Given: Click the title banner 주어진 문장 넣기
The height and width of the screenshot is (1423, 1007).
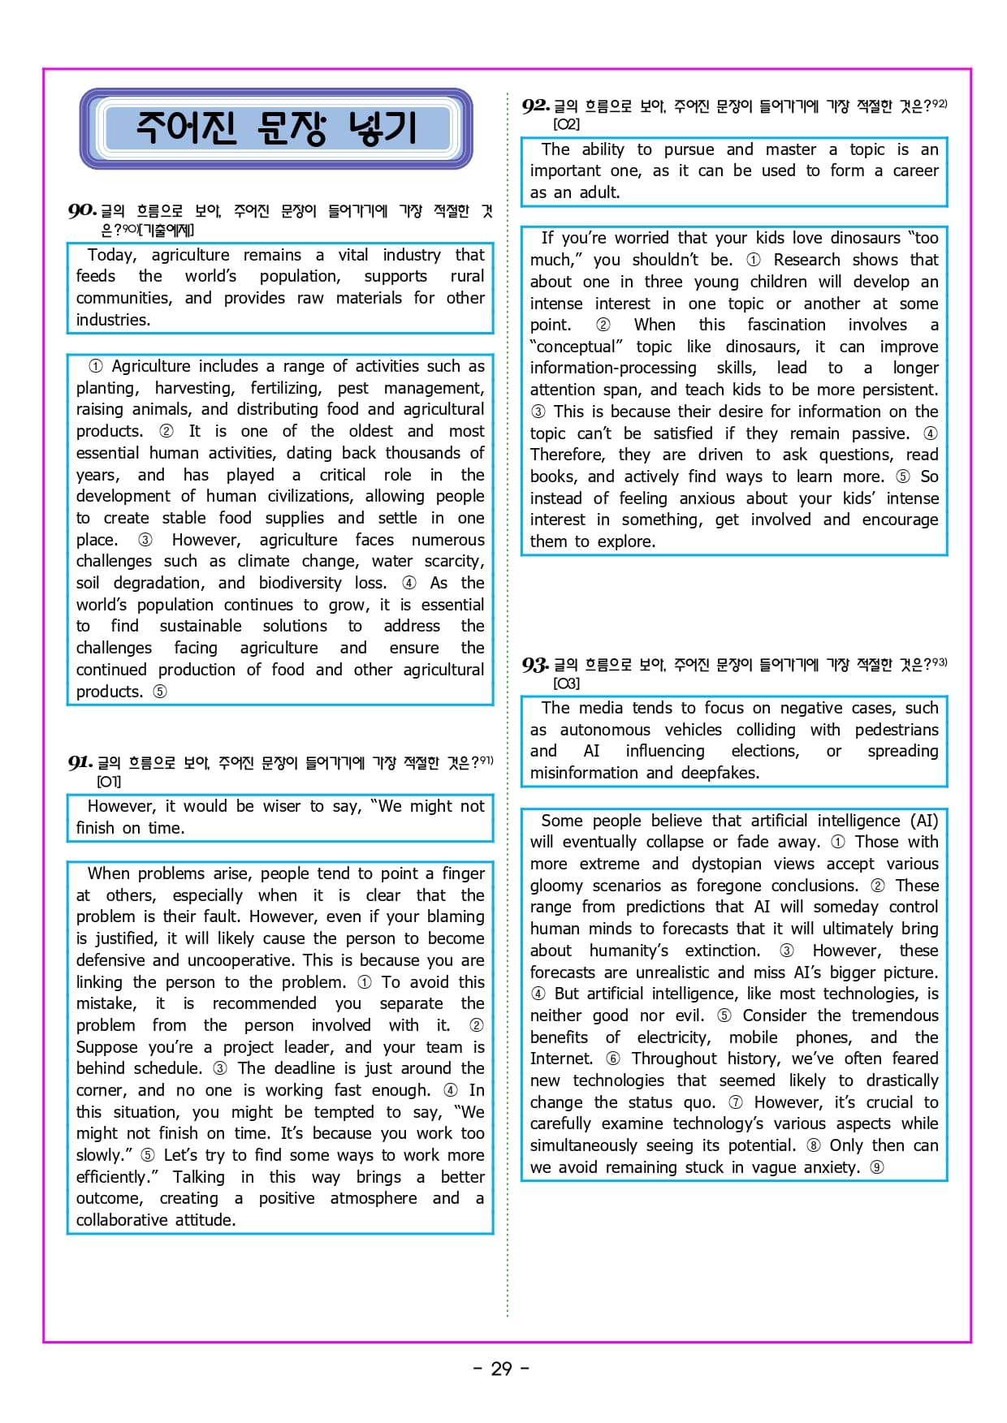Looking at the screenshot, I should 275,128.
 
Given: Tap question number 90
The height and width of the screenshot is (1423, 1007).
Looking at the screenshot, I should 82,211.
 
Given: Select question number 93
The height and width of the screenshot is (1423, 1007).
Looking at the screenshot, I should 535,666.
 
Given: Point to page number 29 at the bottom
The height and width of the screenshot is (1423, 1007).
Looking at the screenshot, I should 502,1369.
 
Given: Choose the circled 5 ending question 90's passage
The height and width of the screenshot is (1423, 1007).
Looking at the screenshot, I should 160,692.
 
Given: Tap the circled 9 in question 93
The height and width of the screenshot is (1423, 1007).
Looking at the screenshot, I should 877,1167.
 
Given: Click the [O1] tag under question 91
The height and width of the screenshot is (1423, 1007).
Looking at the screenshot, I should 109,782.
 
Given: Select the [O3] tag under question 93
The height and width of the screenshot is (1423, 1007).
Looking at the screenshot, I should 566,683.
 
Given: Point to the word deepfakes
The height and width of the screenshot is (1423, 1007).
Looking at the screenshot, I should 720,773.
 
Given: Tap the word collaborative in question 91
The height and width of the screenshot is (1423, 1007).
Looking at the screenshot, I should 123,1220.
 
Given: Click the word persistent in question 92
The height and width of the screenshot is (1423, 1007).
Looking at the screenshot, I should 900,390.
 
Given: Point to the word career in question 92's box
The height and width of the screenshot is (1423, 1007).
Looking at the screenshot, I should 915,170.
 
